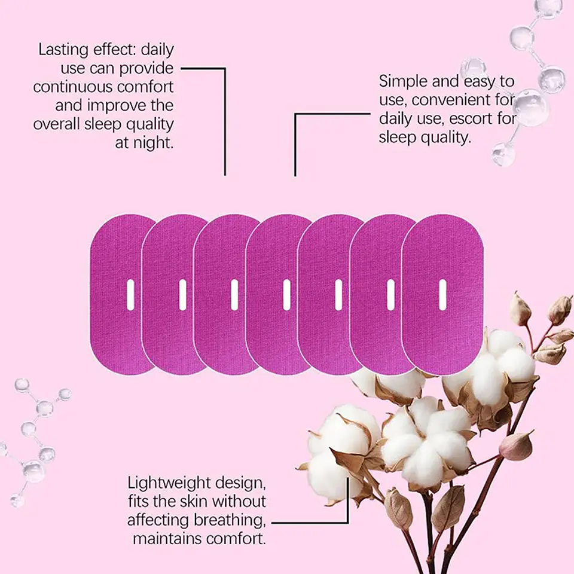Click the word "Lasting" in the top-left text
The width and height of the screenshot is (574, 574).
[63, 50]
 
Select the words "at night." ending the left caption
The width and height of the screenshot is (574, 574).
[144, 143]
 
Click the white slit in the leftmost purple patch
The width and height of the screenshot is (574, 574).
[130, 295]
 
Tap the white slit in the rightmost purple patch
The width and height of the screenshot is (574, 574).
[442, 295]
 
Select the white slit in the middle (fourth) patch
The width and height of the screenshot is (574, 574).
[286, 295]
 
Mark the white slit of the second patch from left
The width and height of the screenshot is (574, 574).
[182, 295]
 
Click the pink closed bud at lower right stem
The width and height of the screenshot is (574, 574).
[516, 446]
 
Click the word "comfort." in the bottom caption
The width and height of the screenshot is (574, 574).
[236, 539]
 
